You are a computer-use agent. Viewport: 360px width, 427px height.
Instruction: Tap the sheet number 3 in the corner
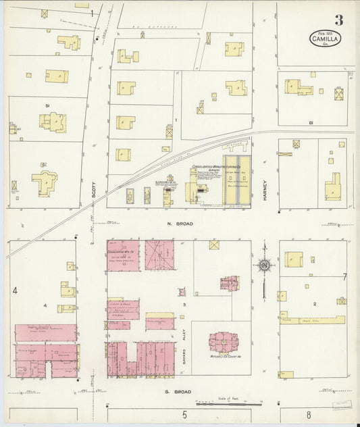(338, 20)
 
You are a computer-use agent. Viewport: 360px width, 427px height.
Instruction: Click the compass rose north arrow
(264, 265)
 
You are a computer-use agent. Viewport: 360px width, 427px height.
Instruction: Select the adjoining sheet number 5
(183, 414)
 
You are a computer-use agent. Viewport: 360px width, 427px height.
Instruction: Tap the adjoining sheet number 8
(308, 415)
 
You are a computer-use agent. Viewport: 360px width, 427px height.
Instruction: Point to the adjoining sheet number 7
(344, 277)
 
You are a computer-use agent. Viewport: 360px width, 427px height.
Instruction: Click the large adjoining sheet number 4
(14, 291)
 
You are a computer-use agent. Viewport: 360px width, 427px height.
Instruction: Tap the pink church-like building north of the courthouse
(230, 282)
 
